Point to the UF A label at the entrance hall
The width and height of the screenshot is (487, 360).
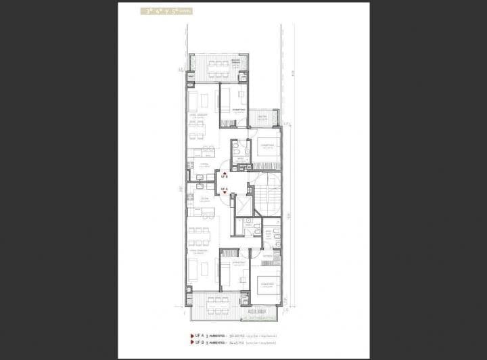[225, 189]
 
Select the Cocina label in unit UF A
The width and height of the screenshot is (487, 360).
[204, 199]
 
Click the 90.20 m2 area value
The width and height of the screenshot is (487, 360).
[236, 335]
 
